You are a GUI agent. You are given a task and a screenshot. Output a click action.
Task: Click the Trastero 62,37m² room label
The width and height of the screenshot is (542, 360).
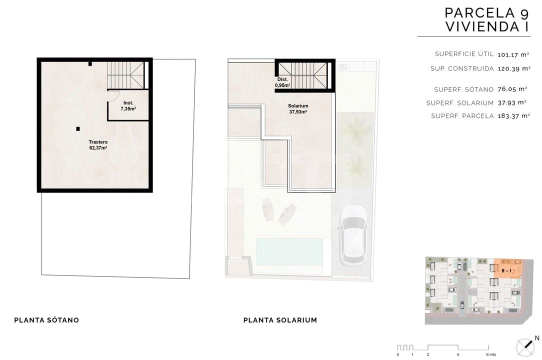point(98,145)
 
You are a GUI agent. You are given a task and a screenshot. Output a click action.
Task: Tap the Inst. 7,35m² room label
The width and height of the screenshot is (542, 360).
point(128,106)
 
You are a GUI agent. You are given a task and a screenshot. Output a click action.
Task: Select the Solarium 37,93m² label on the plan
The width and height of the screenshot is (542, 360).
point(298,109)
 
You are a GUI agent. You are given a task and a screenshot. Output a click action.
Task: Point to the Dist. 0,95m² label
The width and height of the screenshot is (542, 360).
point(282,82)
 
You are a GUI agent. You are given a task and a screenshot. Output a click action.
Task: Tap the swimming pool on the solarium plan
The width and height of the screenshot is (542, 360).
point(289,251)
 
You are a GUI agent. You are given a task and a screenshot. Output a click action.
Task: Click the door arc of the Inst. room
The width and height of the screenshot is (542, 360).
point(114,96)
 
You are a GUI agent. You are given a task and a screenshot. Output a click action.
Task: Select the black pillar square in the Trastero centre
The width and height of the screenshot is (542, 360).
point(78,129)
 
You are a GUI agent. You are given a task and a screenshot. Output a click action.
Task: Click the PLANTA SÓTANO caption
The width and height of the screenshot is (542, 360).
point(46,320)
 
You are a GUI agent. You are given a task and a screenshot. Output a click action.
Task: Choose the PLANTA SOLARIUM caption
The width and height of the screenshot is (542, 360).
point(280,320)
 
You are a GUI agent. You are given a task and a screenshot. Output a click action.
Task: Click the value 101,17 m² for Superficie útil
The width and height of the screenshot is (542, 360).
point(513,54)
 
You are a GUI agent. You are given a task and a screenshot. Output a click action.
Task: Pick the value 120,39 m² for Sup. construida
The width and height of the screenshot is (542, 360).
point(514,69)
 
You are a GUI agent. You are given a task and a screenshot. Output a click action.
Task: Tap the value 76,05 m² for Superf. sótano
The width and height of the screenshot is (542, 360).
point(512,89)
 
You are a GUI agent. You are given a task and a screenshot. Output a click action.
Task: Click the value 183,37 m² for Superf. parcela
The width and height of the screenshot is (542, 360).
point(513,116)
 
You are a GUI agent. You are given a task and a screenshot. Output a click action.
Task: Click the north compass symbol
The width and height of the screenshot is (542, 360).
point(525,347)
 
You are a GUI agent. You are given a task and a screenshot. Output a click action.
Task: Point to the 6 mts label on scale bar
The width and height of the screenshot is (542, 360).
point(491,354)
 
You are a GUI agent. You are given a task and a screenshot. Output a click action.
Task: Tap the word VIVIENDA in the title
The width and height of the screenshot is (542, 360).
point(481,26)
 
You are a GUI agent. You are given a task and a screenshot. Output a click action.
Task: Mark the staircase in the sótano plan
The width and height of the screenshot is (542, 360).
point(125,75)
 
